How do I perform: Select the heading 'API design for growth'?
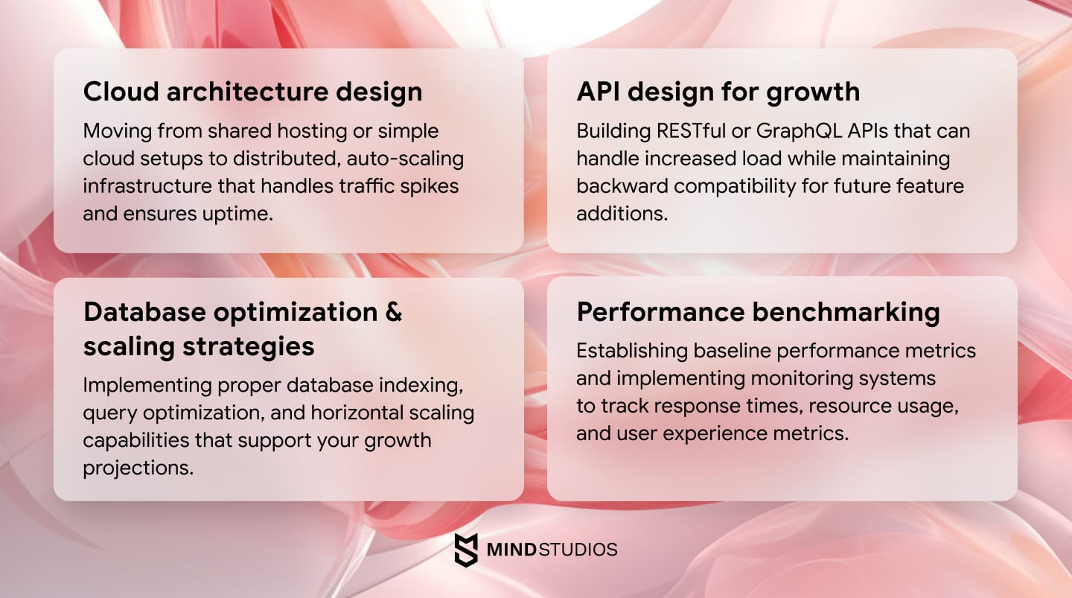pos(718,92)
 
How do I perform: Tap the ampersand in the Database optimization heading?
pos(394,311)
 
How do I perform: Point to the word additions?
pos(622,214)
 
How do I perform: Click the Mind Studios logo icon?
pos(466,550)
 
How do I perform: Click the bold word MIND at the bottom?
pos(511,550)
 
